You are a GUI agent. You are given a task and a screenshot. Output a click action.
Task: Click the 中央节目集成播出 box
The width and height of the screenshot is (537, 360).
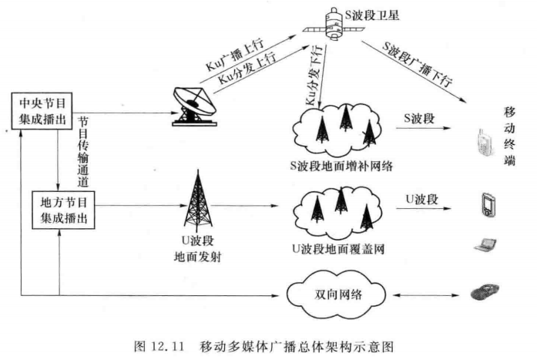(x=44, y=112)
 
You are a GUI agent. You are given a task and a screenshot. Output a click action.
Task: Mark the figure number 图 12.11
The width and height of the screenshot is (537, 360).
(x=157, y=343)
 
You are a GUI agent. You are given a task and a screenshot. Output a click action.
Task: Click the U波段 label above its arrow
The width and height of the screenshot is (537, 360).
(x=422, y=198)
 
